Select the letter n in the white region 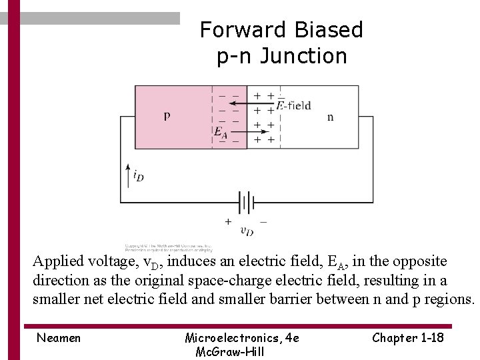331,117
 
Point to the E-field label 294,105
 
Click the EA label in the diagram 219,132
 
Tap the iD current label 138,176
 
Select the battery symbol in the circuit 246,201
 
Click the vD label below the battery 247,231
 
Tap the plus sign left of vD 228,221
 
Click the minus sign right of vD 264,221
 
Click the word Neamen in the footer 59,338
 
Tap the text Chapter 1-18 408,337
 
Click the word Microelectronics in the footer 227,338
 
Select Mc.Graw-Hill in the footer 229,351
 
